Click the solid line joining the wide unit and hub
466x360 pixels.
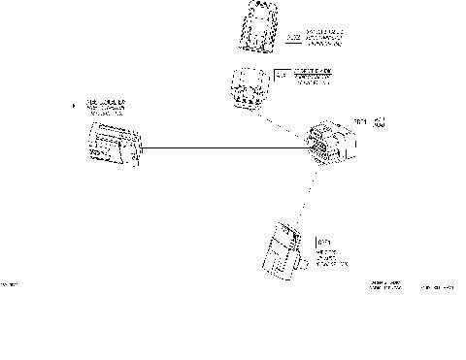[x=223, y=147]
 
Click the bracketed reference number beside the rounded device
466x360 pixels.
[x=282, y=73]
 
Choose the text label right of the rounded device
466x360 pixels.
[x=312, y=77]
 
